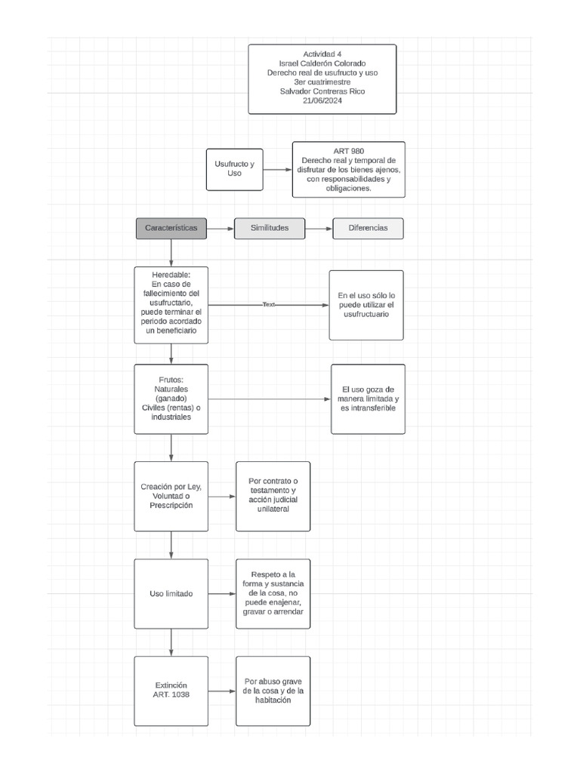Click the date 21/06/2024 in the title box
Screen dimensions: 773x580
tap(322, 101)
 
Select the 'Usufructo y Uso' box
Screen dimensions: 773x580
tap(234, 169)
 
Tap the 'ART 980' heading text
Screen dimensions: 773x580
tap(348, 151)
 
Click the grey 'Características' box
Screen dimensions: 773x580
tap(171, 228)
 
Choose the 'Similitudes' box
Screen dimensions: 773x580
tap(270, 228)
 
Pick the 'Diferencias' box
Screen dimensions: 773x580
tap(368, 228)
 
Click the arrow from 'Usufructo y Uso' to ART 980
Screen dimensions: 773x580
tap(277, 170)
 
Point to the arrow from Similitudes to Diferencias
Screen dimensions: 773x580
tap(319, 228)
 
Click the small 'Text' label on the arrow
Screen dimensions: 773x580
tap(269, 304)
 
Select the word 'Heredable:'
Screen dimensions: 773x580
tap(171, 274)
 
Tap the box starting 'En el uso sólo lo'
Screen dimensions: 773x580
tap(366, 304)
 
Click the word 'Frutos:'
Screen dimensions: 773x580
tap(171, 380)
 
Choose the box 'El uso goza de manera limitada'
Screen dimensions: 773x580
tap(368, 399)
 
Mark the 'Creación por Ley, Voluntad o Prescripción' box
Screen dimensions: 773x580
tap(171, 496)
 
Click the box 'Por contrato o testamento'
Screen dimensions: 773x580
tap(273, 496)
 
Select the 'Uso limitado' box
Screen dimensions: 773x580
tap(171, 593)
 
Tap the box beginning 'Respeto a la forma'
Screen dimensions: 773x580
tap(273, 593)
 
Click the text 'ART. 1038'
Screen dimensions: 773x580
tap(171, 694)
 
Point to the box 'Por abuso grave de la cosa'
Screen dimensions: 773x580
tap(273, 691)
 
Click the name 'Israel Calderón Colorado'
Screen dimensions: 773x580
tap(322, 63)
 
